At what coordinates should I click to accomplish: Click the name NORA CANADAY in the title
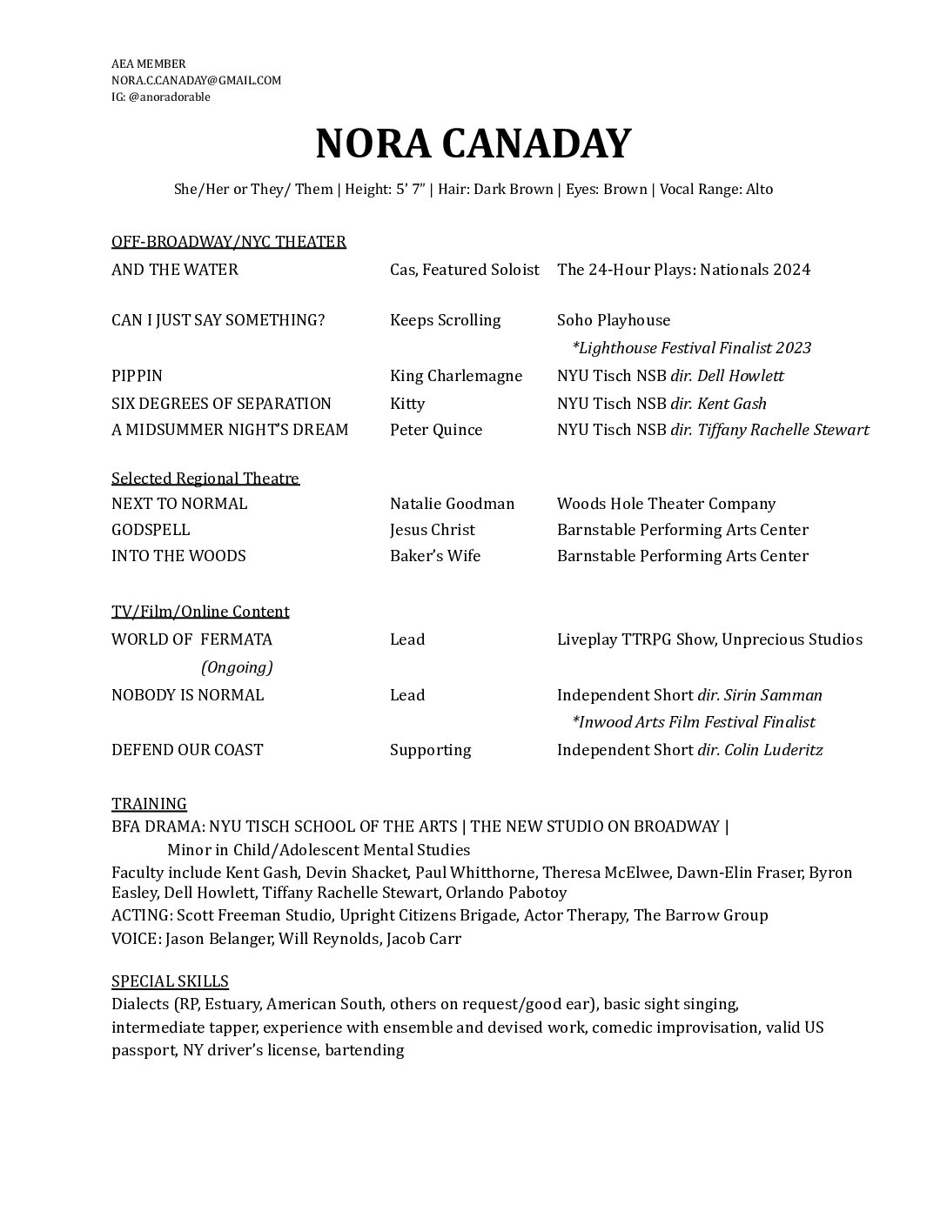pyautogui.click(x=473, y=144)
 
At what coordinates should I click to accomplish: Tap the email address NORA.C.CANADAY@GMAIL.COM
pyautogui.click(x=196, y=80)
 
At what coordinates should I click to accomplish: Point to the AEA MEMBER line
pyautogui.click(x=148, y=64)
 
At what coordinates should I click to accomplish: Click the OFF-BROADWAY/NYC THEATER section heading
pyautogui.click(x=228, y=242)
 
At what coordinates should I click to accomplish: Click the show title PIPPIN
pyautogui.click(x=137, y=376)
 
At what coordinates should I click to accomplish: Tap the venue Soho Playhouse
pyautogui.click(x=614, y=320)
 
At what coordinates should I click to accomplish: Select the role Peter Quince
pyautogui.click(x=435, y=430)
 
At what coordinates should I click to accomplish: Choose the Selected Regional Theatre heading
pyautogui.click(x=205, y=479)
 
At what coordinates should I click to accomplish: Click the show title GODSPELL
pyautogui.click(x=151, y=530)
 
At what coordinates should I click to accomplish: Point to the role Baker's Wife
pyautogui.click(x=434, y=556)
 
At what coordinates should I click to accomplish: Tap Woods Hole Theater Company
pyautogui.click(x=666, y=504)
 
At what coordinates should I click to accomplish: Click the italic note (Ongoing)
pyautogui.click(x=237, y=667)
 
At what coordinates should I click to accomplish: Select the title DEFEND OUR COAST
pyautogui.click(x=187, y=750)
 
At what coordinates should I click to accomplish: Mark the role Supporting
pyautogui.click(x=430, y=750)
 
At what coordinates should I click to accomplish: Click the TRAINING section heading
pyautogui.click(x=149, y=804)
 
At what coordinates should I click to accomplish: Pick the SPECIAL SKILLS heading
pyautogui.click(x=170, y=982)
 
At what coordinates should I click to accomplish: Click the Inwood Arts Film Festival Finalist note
pyautogui.click(x=693, y=722)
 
